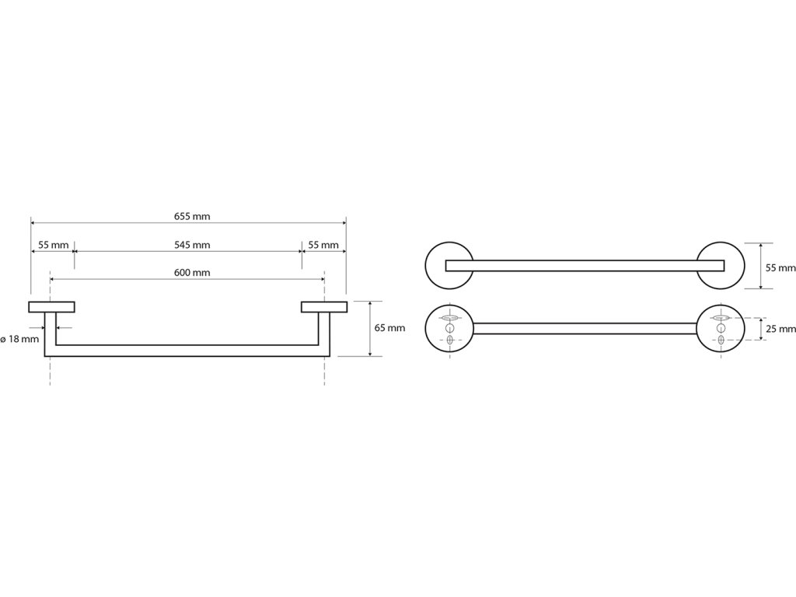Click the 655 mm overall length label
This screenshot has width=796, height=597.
tap(187, 216)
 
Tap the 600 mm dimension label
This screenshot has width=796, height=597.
tap(187, 272)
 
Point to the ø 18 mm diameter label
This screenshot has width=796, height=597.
tap(19, 339)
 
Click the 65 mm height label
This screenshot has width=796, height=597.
tap(389, 328)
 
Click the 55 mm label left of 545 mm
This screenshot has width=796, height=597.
tap(52, 245)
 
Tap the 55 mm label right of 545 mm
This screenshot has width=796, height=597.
tap(323, 245)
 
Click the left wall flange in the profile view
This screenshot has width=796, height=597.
tap(51, 305)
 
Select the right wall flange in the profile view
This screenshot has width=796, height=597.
tap(323, 305)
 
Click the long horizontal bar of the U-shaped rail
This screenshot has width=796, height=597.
tap(187, 350)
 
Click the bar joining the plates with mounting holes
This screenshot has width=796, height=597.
tap(585, 328)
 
